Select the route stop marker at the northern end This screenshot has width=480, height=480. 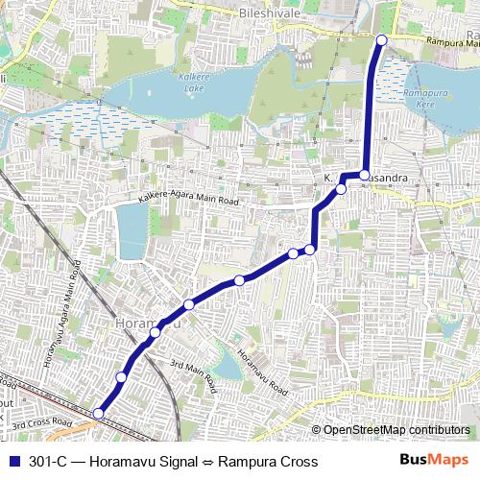click(381, 39)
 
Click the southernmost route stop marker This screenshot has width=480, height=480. click(98, 413)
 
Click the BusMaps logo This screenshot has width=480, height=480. click(434, 461)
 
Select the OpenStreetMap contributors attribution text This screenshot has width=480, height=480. click(396, 430)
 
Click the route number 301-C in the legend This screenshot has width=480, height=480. click(49, 462)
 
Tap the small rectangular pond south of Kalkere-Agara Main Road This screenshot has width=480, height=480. click(131, 231)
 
